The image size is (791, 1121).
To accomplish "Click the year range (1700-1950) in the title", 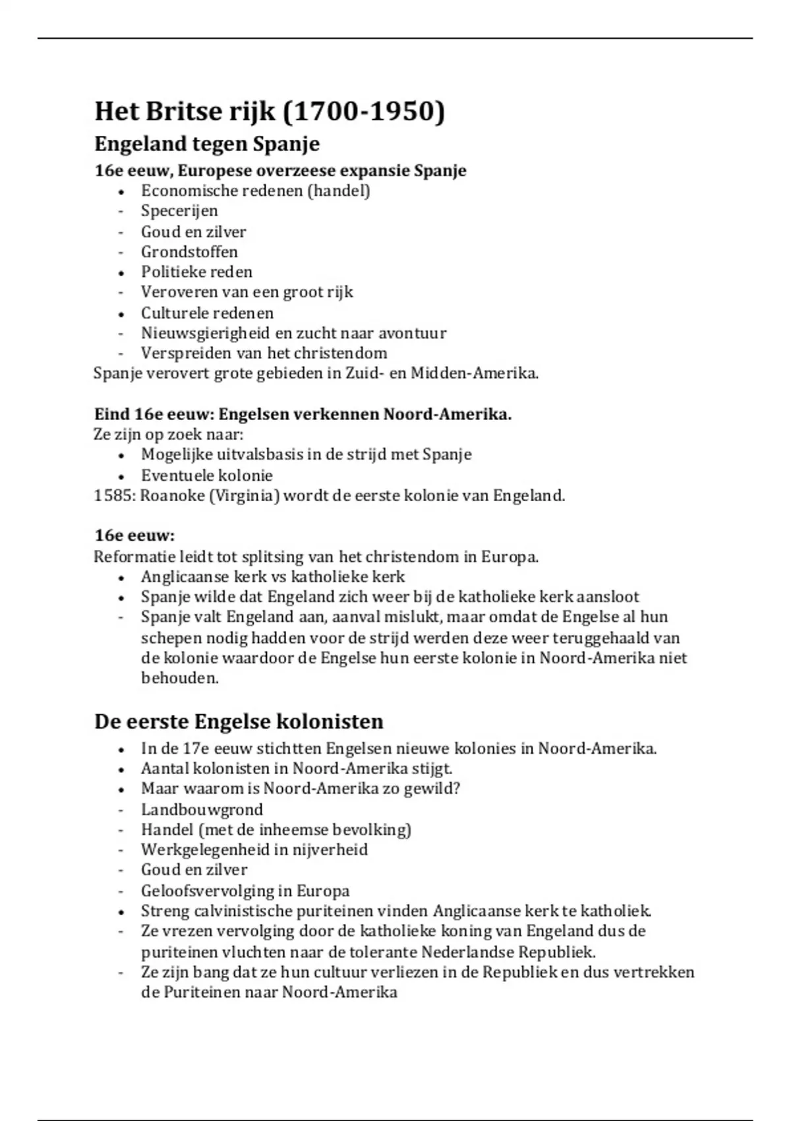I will pyautogui.click(x=363, y=111).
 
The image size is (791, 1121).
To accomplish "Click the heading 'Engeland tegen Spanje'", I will pyautogui.click(x=207, y=144).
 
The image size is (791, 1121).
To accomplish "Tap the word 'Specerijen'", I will pyautogui.click(x=179, y=211).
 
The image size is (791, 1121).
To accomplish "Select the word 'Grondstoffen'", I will pyautogui.click(x=189, y=252).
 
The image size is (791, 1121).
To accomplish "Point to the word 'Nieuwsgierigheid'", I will pyautogui.click(x=205, y=334).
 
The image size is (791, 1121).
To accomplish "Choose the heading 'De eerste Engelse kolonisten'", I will pyautogui.click(x=239, y=721).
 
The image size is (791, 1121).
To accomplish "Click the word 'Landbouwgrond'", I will pyautogui.click(x=202, y=810).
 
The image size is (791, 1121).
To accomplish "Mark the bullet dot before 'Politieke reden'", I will pyautogui.click(x=121, y=273).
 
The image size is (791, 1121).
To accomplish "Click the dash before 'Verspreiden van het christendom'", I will pyautogui.click(x=121, y=353).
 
